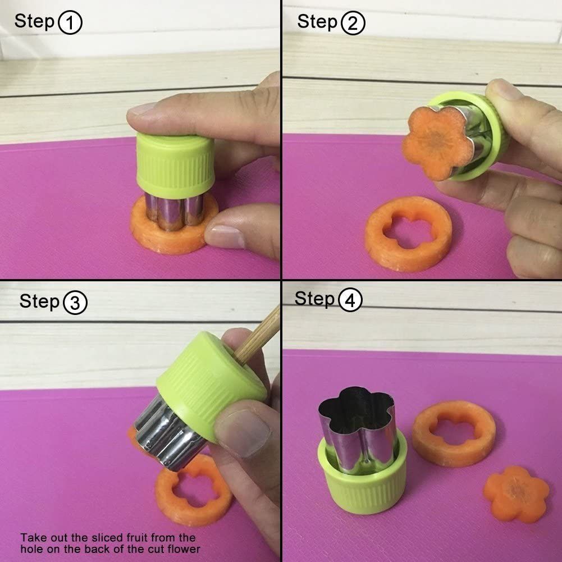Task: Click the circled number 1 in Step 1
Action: click(x=70, y=22)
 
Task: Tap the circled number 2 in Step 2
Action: click(x=353, y=23)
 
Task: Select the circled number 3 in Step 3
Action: click(x=75, y=303)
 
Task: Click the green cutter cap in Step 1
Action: click(x=175, y=165)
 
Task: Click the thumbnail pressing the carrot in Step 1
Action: click(x=225, y=236)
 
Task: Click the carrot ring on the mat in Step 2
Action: click(x=408, y=234)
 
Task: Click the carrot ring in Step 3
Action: click(x=194, y=491)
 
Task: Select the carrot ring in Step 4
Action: click(x=454, y=433)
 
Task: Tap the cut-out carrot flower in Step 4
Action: click(x=516, y=494)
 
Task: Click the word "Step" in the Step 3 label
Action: click(x=39, y=301)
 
